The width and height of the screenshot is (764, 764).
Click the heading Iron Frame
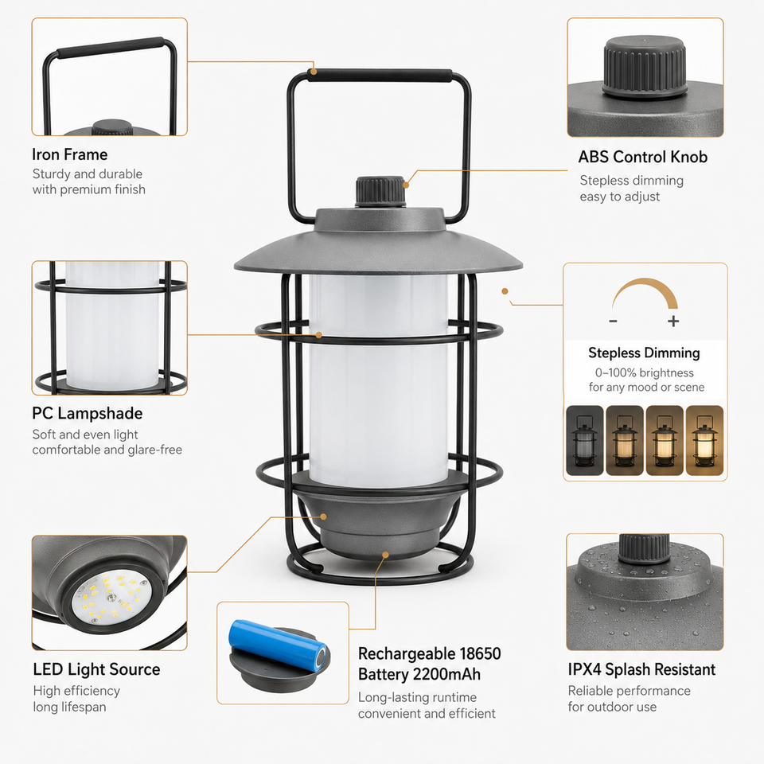(x=70, y=154)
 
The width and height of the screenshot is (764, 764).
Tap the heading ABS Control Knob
(x=643, y=157)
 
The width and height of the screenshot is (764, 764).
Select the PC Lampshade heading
(x=88, y=413)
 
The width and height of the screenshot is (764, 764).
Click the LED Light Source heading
(x=96, y=669)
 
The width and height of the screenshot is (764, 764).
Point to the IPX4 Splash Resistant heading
(x=641, y=669)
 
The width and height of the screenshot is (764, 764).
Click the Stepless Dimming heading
(x=644, y=353)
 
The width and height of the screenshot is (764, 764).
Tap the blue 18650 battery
(x=279, y=645)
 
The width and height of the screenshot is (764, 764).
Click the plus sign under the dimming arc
(x=673, y=321)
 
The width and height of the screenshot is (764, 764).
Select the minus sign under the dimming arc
(x=613, y=321)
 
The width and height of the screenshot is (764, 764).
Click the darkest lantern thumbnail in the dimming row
(x=585, y=440)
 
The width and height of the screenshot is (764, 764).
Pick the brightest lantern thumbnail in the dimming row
(x=704, y=440)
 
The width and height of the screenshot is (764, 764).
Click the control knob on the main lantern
(x=380, y=192)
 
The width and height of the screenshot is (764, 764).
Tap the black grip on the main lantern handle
(x=380, y=76)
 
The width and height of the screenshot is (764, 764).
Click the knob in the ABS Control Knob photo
(x=645, y=66)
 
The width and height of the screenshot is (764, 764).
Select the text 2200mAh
(x=446, y=674)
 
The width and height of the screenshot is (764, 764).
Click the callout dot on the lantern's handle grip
(x=314, y=72)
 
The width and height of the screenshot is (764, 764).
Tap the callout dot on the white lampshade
(x=318, y=335)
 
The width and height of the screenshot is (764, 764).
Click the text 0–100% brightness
(x=644, y=372)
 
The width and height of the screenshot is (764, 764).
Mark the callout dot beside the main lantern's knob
(x=406, y=185)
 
